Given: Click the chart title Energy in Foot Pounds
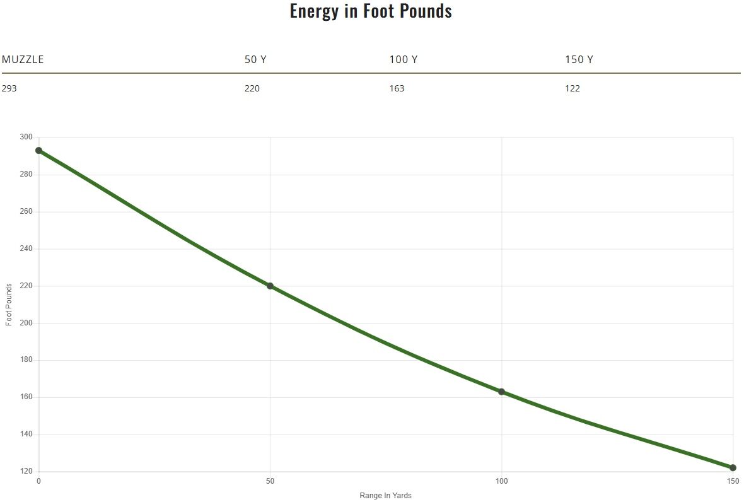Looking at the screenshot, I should [371, 11].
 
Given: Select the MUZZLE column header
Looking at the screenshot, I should [23, 60].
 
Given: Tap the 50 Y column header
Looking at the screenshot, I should [255, 60].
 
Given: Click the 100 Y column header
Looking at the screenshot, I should [403, 60].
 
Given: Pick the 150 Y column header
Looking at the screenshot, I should [579, 60].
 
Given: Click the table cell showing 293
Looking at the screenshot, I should [9, 88].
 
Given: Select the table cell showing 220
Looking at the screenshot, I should [252, 88].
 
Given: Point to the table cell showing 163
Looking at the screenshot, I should [397, 88].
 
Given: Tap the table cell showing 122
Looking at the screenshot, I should [573, 88].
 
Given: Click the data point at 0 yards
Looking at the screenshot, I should [39, 151].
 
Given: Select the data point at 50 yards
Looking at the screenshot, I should [270, 286].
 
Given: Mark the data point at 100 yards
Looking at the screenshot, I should [502, 392].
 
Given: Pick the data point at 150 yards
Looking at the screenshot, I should [733, 468].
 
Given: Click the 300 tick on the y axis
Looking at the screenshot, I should [26, 137].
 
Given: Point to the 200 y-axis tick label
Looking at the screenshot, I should [26, 323].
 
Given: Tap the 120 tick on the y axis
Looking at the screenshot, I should [26, 472].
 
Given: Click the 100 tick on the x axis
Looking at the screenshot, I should [502, 482].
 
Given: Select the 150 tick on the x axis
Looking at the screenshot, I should [733, 482].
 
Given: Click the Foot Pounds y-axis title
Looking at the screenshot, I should [9, 305].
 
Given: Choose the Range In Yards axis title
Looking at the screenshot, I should [385, 496].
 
